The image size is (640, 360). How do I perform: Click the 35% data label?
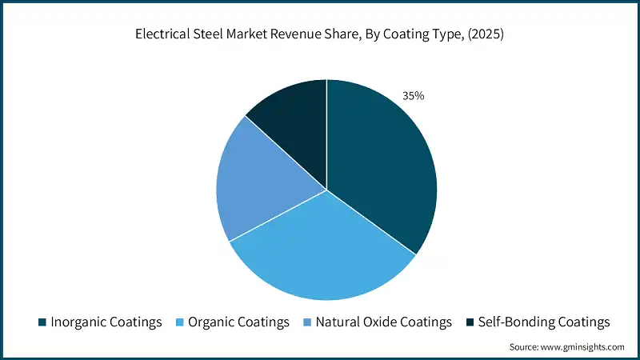[x=414, y=96]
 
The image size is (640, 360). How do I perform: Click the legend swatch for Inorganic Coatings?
[x=42, y=322]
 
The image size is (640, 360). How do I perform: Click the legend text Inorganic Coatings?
[x=106, y=322]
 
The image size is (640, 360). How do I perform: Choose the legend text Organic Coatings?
[x=238, y=322]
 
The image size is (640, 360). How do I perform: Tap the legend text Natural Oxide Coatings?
[x=383, y=322]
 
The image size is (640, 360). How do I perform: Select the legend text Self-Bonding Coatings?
[x=544, y=322]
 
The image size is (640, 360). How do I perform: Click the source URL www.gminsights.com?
[x=583, y=347]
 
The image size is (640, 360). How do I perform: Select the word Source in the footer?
[x=526, y=347]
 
